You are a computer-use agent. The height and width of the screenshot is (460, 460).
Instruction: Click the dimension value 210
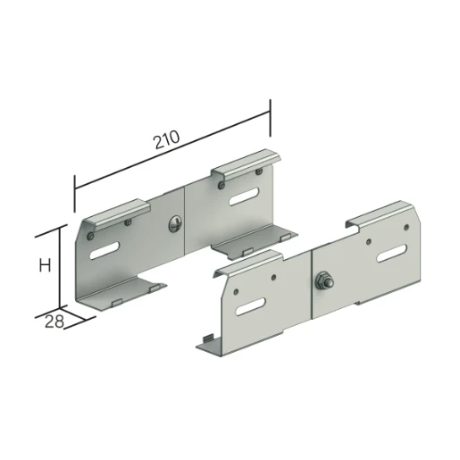[166, 139]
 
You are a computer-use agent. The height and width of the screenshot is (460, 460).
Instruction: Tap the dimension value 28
[54, 322]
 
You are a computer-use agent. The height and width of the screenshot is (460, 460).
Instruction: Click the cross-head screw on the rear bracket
[176, 224]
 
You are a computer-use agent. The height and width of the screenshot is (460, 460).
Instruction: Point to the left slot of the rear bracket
[107, 249]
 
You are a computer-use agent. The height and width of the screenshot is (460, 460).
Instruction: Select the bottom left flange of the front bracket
[207, 343]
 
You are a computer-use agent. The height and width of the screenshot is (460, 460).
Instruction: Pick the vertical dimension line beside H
[60, 268]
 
